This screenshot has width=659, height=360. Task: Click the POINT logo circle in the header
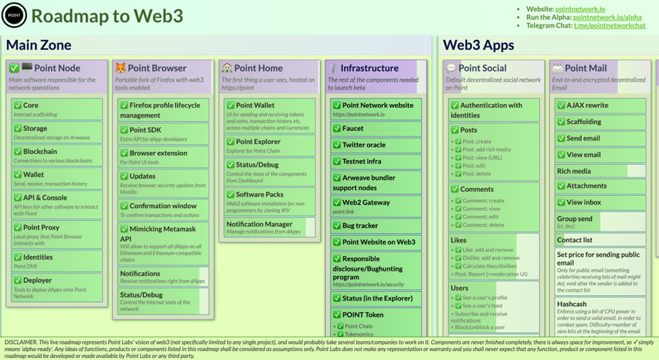(14, 15)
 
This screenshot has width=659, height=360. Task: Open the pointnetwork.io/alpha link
(607, 17)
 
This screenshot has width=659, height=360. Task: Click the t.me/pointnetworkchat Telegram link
(610, 26)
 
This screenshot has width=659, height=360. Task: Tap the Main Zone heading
(39, 45)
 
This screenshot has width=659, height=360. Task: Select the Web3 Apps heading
(479, 45)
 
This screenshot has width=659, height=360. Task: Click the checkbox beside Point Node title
(14, 68)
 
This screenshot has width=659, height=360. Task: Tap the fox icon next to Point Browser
(120, 68)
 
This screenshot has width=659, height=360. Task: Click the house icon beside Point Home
(227, 68)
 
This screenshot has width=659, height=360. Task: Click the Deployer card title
(37, 280)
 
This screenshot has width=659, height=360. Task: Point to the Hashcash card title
(572, 304)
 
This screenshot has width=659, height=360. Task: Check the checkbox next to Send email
(561, 138)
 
